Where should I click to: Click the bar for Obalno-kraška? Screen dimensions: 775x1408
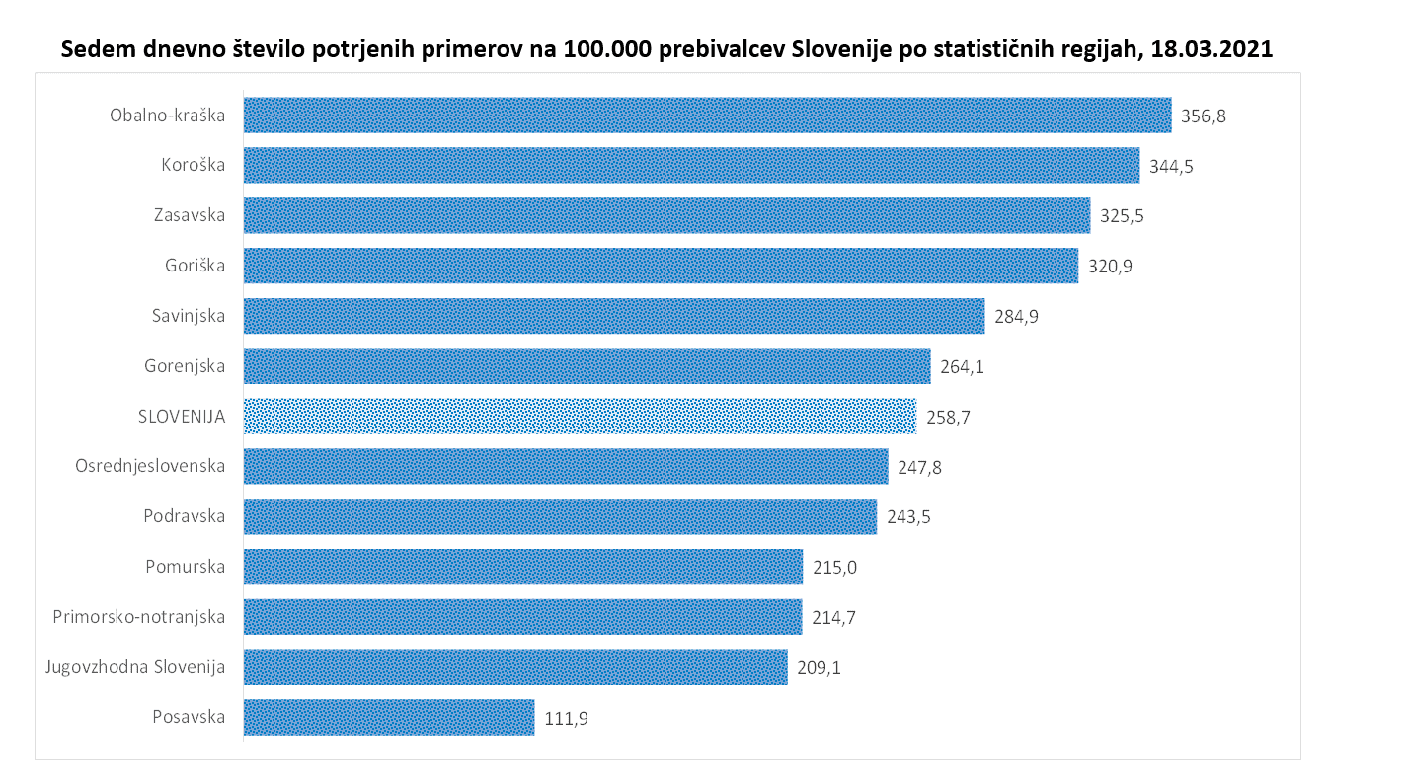pos(707,115)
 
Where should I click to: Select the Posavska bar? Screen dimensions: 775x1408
pos(389,718)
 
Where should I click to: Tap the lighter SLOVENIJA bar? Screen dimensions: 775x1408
pos(580,417)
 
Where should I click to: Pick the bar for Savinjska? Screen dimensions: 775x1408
pos(613,316)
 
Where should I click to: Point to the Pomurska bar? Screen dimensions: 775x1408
pos(522,567)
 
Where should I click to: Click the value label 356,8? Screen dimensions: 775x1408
pos(1204,116)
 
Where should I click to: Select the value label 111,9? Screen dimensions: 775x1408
pos(567,719)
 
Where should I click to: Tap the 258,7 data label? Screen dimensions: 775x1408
pos(949,418)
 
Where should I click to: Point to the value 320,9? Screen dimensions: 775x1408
pos(1110,267)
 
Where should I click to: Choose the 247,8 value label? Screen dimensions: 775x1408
pos(920,467)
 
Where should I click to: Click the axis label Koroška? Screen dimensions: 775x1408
pos(194,165)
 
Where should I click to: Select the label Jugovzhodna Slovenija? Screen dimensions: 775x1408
pos(135,667)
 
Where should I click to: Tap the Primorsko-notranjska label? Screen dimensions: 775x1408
pos(139,617)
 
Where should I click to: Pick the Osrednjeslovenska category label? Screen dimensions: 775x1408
pos(150,466)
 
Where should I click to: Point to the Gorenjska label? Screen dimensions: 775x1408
pos(185,366)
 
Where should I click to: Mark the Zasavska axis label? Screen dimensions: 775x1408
pos(190,215)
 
